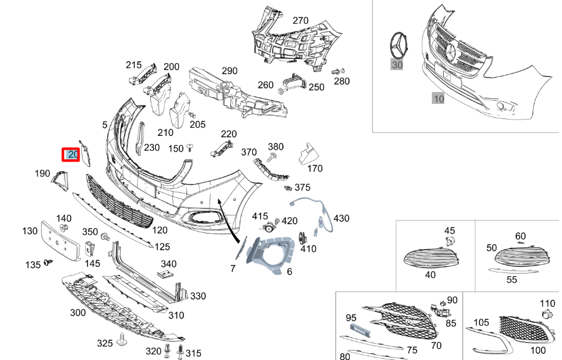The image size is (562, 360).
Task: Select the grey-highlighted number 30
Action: (397, 64)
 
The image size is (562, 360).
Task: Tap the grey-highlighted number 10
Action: (438, 98)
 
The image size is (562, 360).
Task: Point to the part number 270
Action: (300, 21)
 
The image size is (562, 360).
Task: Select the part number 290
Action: (230, 71)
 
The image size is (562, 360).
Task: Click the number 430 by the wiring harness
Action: (341, 218)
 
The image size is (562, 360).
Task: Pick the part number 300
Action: (78, 312)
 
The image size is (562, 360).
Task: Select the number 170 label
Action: (315, 168)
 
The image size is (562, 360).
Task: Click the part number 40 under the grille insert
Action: (430, 274)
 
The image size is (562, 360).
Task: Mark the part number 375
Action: (302, 187)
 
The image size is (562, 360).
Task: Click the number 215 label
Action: (134, 65)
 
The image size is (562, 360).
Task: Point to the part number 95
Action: (351, 318)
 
